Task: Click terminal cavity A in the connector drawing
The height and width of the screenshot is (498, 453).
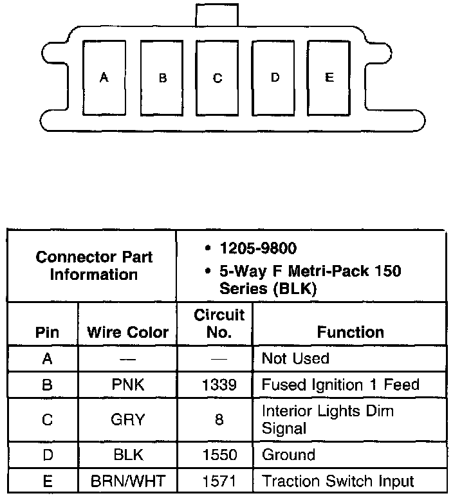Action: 104,78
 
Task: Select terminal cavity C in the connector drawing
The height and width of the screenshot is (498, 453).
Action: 217,78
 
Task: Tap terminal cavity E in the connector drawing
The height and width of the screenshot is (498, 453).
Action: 329,78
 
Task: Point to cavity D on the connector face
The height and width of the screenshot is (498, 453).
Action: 274,78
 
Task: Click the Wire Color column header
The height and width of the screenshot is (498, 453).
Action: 127,333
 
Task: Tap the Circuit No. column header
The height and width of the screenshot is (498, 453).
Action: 219,324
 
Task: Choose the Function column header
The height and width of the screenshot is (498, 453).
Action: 350,333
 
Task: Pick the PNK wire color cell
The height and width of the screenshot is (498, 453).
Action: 127,385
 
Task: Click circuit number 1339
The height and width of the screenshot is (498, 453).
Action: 219,385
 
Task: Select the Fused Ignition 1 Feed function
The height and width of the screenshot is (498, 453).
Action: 340,385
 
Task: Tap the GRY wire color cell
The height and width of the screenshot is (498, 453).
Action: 127,420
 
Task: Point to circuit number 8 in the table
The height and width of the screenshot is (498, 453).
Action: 219,420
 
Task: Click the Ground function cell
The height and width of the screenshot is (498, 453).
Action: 288,455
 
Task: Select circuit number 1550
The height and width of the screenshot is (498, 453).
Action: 219,455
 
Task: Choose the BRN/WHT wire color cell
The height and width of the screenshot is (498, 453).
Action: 127,481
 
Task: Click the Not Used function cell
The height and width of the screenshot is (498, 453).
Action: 295,358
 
